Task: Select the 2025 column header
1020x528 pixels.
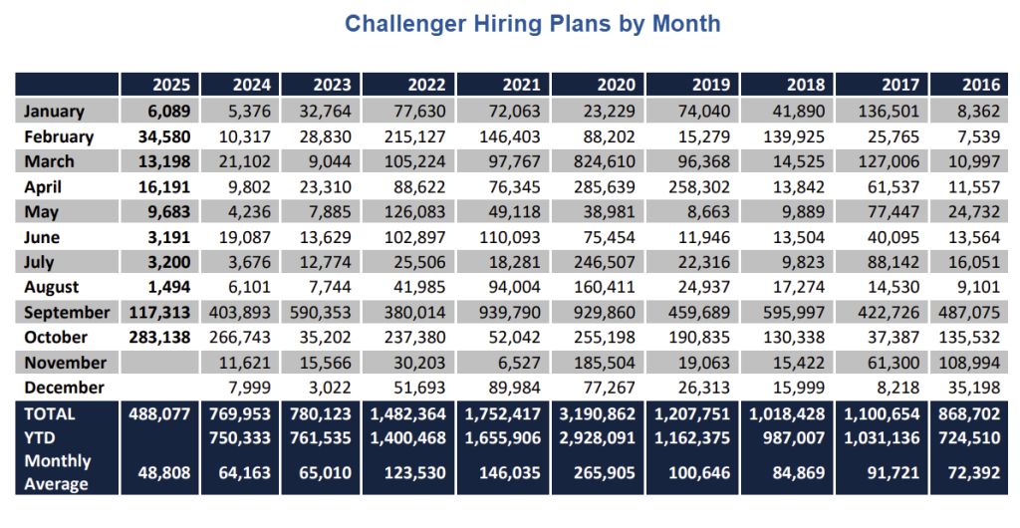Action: pyautogui.click(x=170, y=85)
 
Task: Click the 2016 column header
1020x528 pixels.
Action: pyautogui.click(x=981, y=85)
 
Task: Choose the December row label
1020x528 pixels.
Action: pyautogui.click(x=65, y=387)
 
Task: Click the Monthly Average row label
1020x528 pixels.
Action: pyautogui.click(x=57, y=472)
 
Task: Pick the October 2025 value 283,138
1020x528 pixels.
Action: pyautogui.click(x=157, y=337)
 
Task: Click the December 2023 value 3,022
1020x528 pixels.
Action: pyautogui.click(x=331, y=387)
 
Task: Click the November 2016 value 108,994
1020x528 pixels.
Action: pyautogui.click(x=969, y=362)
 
